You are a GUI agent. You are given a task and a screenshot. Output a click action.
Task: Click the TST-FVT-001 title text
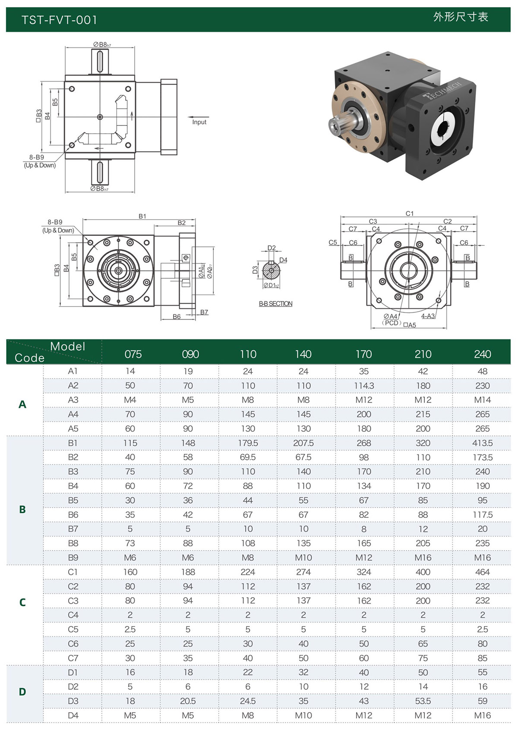59,20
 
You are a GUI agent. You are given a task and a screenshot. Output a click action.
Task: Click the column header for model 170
363,354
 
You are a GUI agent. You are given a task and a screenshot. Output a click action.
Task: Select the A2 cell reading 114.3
363,385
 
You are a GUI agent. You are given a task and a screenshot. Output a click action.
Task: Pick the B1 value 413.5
482,443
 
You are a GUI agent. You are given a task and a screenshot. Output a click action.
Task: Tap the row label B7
73,529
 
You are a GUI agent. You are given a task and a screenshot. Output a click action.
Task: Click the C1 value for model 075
130,572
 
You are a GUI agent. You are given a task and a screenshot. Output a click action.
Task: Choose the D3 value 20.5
188,701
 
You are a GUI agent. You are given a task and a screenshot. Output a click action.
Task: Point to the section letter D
22,692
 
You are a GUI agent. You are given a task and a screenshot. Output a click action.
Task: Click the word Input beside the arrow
199,122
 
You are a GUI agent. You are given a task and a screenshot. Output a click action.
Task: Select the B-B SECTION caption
275,304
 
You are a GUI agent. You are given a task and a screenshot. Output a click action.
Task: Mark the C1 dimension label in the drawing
409,213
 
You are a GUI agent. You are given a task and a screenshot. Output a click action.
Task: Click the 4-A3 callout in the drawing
427,316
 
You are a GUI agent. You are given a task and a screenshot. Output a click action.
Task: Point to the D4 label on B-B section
283,260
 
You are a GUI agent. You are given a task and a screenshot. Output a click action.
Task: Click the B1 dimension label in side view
142,216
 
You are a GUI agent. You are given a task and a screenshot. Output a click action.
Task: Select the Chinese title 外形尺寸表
460,17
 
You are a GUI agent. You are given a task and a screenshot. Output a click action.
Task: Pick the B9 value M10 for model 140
303,558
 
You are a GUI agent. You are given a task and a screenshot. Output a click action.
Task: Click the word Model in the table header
67,347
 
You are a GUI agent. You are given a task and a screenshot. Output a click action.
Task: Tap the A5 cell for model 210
423,429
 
